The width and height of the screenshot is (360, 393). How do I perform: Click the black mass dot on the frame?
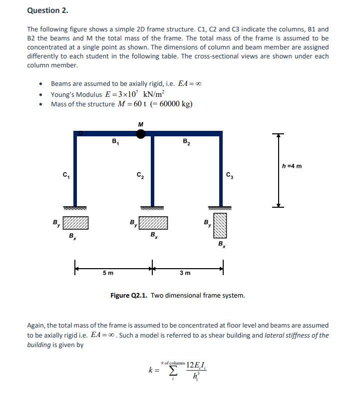[141, 133]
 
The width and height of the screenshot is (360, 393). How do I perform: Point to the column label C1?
[65, 175]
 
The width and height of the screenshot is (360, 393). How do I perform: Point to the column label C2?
[140, 175]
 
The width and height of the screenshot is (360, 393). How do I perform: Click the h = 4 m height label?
[292, 166]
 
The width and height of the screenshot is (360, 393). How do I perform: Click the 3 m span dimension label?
[185, 273]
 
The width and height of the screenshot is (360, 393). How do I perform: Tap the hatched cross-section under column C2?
[153, 223]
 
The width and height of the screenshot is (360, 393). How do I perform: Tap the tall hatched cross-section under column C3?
[221, 226]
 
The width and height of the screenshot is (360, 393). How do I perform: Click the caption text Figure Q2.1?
[129, 295]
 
